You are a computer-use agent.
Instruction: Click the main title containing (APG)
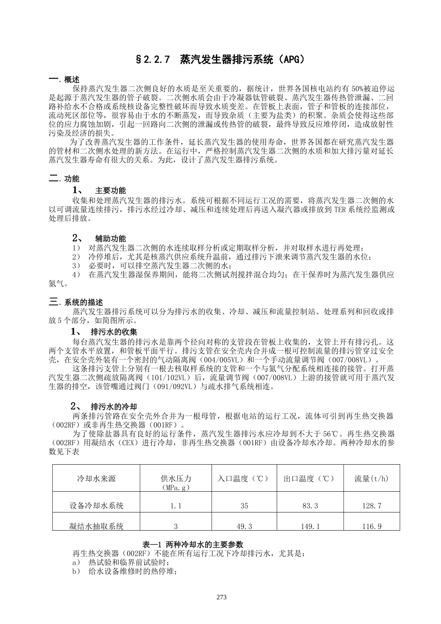(220, 59)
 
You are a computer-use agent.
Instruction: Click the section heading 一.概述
(64, 79)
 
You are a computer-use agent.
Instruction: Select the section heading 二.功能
(64, 179)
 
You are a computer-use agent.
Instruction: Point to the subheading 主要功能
(110, 190)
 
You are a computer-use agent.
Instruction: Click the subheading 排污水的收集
(114, 332)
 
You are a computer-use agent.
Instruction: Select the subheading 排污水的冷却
(114, 406)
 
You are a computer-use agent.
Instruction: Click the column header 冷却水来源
(96, 479)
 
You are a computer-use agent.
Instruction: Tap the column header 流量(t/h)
(371, 479)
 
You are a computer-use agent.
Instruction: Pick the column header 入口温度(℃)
(244, 479)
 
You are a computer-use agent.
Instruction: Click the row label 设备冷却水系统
(96, 506)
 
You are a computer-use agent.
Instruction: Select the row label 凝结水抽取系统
(96, 526)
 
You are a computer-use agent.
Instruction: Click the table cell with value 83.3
(310, 506)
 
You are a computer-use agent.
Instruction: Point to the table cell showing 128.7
(371, 506)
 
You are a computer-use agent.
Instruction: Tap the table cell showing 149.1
(310, 526)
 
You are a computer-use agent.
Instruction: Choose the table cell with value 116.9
(371, 526)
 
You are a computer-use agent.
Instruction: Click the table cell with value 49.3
(244, 526)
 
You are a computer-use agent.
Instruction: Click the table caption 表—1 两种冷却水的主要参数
(193, 544)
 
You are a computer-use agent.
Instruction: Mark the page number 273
(221, 597)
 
